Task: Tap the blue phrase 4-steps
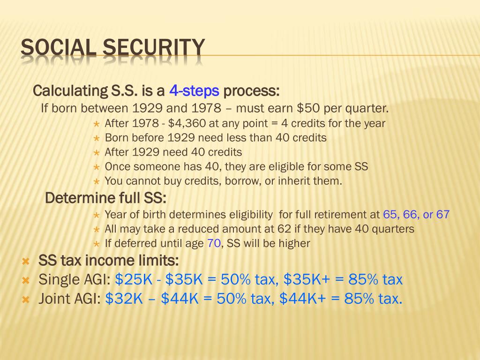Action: [x=194, y=90]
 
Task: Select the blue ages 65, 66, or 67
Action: [x=416, y=215]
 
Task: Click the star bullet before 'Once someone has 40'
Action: [x=96, y=167]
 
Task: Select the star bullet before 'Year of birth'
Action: [x=96, y=215]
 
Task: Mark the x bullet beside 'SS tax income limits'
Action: [x=26, y=261]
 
